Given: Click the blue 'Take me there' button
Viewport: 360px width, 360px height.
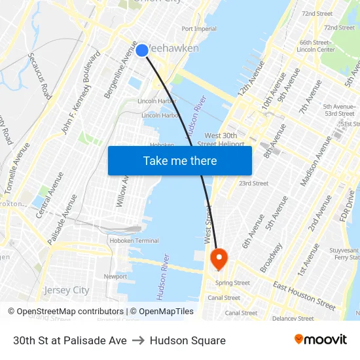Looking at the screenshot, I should point(179,160).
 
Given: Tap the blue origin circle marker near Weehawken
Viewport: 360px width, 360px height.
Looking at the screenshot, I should point(141,50).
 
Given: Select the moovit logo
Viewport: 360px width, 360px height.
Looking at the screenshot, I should point(320,340).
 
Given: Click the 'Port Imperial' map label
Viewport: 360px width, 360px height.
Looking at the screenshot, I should point(199,29).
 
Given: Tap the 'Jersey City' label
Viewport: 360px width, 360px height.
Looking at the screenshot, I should point(66,290).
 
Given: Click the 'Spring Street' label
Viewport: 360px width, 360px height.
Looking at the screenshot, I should point(233,283).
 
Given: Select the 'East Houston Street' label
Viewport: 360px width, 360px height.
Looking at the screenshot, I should point(304,296).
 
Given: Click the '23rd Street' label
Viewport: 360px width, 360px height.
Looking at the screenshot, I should point(253,183).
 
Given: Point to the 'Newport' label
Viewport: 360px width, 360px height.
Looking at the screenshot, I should point(115,276).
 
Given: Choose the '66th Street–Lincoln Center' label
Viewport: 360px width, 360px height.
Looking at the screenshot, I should point(317,46).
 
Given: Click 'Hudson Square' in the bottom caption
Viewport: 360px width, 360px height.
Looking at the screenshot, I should point(187,340).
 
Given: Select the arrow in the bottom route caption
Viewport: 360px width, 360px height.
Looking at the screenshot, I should point(138,340).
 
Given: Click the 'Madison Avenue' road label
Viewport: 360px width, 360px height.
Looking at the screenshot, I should point(317,160).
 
